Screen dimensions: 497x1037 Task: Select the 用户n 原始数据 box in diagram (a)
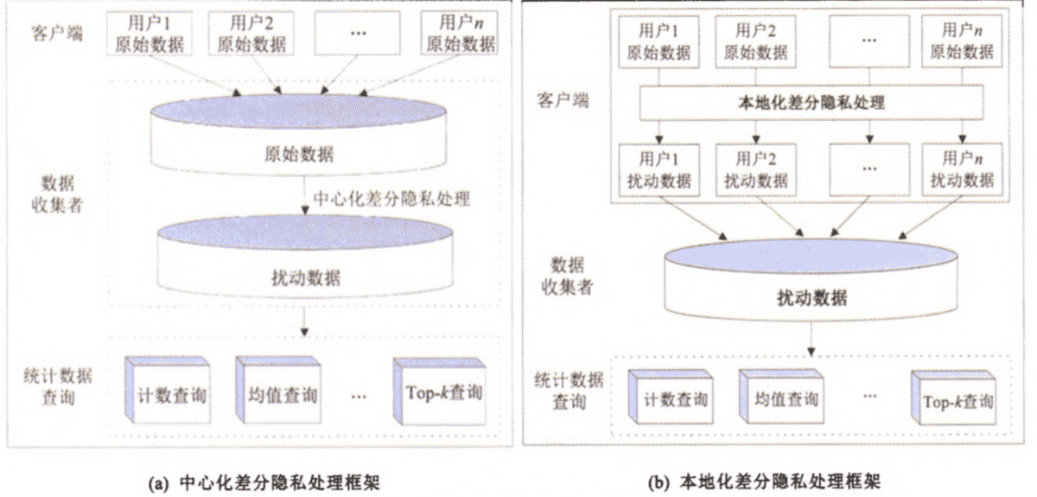click(458, 32)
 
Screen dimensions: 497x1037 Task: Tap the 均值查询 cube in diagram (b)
click(778, 400)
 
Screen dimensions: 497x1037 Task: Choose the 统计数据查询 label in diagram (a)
click(59, 386)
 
